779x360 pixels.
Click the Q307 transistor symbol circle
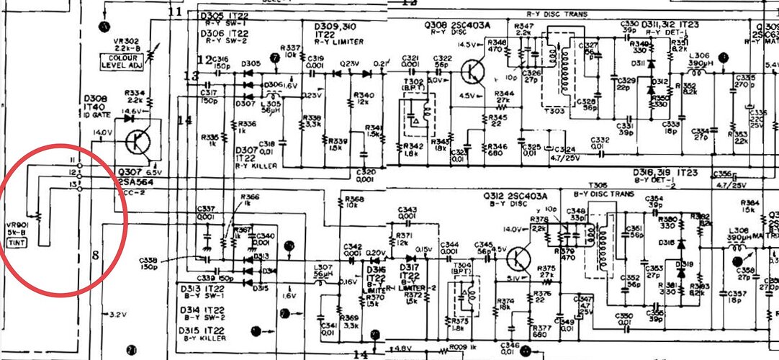coord(137,142)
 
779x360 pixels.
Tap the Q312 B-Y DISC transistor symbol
coord(520,259)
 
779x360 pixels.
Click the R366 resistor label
coord(251,198)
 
